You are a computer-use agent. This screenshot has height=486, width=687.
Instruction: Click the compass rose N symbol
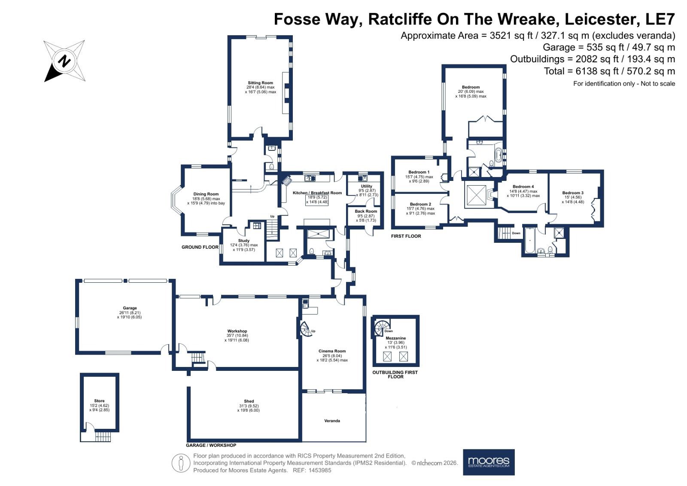64,61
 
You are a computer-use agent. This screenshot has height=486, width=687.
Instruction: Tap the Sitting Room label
260,83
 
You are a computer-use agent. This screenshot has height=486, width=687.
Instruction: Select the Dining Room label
206,194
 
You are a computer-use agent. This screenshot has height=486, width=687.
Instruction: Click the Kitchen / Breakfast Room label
317,193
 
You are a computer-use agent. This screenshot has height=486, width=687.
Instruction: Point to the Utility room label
367,186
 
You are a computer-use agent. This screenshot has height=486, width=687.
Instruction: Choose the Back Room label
366,211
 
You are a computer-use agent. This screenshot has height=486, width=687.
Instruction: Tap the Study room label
244,241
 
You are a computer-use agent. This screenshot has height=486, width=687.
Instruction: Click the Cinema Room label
332,351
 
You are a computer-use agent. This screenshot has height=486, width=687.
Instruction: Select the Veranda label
332,421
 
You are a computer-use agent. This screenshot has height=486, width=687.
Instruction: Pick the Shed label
249,401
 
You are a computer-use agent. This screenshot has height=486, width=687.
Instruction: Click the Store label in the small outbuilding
99,401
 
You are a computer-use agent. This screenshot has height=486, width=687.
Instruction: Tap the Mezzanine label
395,338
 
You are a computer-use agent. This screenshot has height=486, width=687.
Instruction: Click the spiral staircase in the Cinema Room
305,329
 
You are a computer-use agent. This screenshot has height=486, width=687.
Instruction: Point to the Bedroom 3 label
573,193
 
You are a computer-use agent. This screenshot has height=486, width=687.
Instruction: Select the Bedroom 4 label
523,186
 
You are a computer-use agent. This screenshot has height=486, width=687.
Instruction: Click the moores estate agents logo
489,462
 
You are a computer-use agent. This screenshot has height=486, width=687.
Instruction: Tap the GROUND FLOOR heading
200,247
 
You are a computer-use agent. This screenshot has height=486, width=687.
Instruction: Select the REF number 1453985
319,471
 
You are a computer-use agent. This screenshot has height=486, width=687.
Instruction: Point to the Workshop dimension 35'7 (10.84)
237,336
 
